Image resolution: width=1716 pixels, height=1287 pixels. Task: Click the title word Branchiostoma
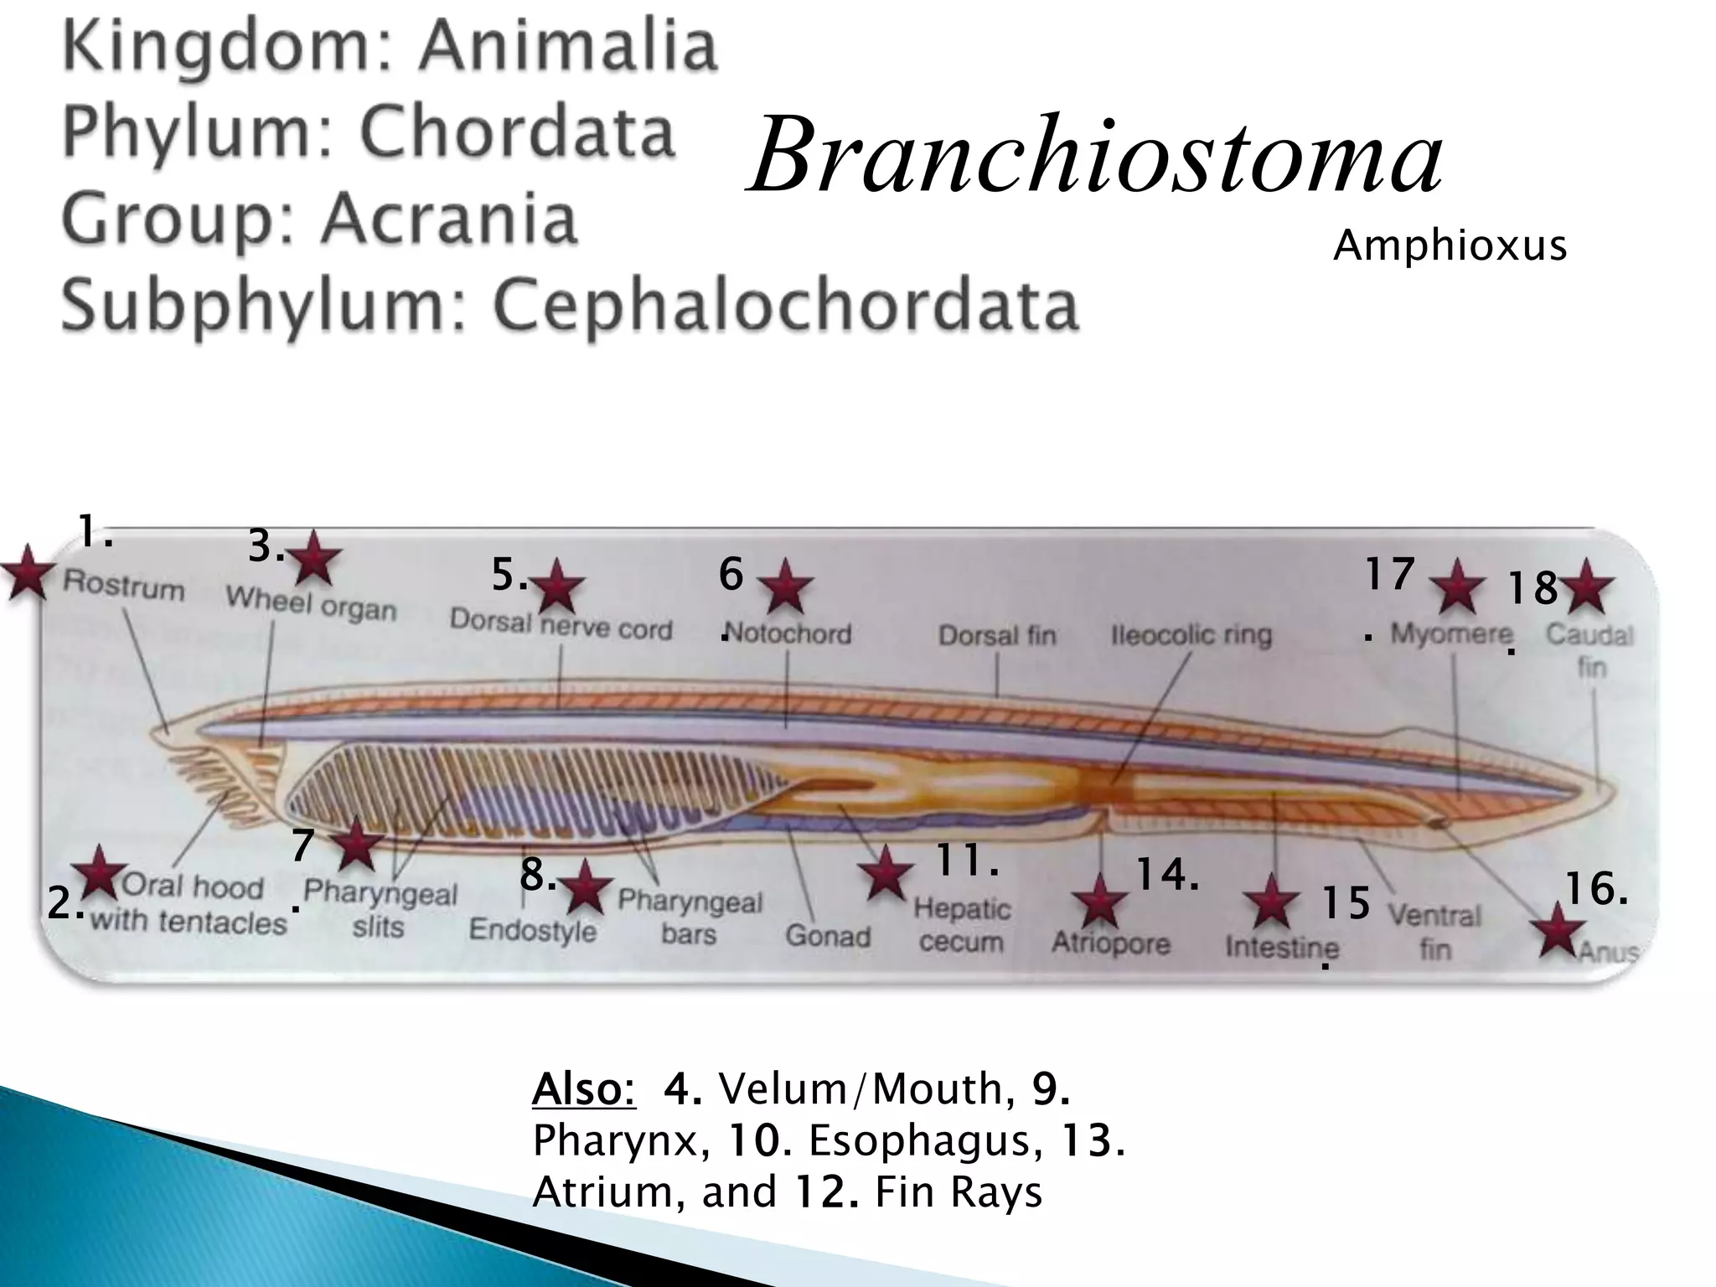pos(1095,156)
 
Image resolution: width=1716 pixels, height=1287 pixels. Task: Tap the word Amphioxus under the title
pos(1449,246)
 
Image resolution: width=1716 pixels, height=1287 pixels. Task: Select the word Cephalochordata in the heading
pos(785,305)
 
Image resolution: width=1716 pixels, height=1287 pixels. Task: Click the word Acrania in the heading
pos(449,220)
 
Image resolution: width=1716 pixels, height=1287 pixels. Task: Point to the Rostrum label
pos(124,585)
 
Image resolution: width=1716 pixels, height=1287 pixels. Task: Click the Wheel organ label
pos(311,604)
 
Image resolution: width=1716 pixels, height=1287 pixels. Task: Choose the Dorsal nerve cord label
pos(561,624)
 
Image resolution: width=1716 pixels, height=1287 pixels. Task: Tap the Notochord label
pos(788,634)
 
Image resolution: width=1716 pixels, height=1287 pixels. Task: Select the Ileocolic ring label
pos(1191,635)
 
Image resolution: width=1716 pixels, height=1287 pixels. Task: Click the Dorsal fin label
pos(997,635)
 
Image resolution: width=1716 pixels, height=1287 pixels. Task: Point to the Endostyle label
pos(532,930)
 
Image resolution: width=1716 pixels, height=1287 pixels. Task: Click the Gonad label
pos(828,936)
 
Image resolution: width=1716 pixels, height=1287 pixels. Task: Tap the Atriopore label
pos(1111,943)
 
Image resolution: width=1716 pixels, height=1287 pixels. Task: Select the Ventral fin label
pos(1434,931)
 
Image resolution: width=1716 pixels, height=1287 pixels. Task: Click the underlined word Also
pos(584,1089)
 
